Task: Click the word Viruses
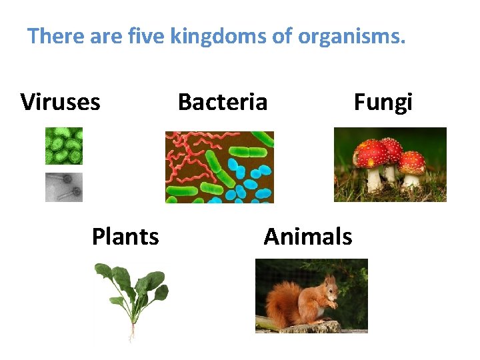[x=61, y=103]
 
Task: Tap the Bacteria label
[x=223, y=103]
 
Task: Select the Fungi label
[x=383, y=103]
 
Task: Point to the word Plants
[x=125, y=237]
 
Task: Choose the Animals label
[x=307, y=237]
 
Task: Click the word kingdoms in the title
[x=218, y=36]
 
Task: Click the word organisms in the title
[x=351, y=36]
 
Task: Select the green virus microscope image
[x=64, y=146]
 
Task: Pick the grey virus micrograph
[x=64, y=187]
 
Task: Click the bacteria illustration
[x=219, y=167]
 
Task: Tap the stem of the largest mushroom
[x=374, y=179]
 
